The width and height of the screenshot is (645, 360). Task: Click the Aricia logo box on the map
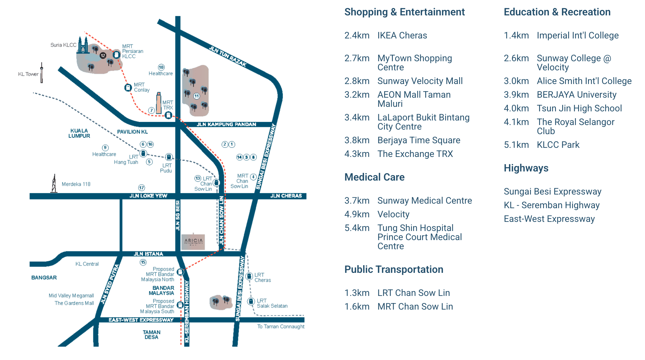coord(193,242)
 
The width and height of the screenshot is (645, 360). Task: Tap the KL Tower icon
coord(42,73)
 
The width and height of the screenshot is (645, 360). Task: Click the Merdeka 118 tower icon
coord(54,184)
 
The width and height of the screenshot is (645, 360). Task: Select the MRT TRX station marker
coord(169,115)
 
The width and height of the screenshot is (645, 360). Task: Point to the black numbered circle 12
coord(103,56)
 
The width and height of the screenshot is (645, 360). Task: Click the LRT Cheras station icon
coord(249,276)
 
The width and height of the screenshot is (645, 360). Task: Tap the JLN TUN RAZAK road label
coord(227,56)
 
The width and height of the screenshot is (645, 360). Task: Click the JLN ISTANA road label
coord(148,254)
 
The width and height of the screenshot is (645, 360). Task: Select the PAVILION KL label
coord(132,132)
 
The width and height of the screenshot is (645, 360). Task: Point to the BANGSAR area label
coord(44,277)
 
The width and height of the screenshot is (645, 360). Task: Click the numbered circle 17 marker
coord(141,188)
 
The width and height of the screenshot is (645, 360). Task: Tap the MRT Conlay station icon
coord(128,87)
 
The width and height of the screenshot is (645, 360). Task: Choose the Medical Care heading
coord(374,177)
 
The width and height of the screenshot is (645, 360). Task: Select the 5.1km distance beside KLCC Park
coord(516,145)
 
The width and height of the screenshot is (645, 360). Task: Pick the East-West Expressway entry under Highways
coord(549,219)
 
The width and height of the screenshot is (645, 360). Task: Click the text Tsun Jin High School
coord(579,108)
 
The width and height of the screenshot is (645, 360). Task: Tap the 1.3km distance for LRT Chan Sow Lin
coord(357,293)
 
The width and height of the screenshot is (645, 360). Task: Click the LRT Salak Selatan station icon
coord(251,301)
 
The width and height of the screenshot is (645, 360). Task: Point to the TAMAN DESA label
coord(151,335)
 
